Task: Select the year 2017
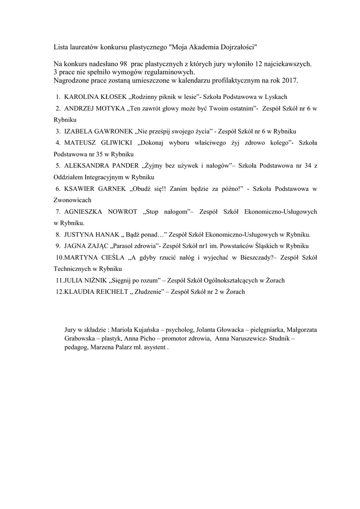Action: click(289, 80)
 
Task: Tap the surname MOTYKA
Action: click(110, 108)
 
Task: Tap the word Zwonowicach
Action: click(73, 200)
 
